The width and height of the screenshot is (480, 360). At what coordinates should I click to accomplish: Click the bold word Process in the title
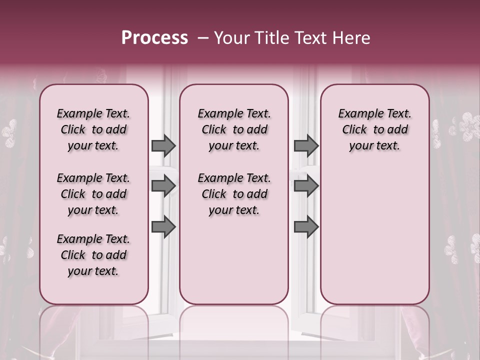(x=154, y=37)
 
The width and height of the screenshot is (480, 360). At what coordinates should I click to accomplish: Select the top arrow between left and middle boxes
(x=163, y=145)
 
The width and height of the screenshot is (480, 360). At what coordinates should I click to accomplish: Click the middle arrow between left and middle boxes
(x=163, y=186)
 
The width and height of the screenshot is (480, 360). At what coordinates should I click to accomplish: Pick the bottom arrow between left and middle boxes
(x=163, y=227)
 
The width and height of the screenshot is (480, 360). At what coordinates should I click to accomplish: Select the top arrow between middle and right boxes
(x=306, y=145)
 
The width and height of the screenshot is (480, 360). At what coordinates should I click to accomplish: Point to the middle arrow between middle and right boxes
(x=306, y=186)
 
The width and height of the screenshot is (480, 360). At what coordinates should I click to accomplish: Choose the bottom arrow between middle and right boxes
(x=306, y=227)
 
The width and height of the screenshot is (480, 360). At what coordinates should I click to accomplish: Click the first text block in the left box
(x=93, y=129)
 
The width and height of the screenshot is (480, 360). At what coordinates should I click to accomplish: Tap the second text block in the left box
(x=93, y=194)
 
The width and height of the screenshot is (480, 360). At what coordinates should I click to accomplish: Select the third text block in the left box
(x=93, y=255)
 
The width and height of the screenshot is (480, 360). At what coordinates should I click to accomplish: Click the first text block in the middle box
(x=234, y=129)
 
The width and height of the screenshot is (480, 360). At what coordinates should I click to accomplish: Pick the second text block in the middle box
(x=234, y=194)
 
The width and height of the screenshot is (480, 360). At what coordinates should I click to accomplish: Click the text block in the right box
(x=374, y=129)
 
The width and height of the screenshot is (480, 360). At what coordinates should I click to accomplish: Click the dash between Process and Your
(x=202, y=38)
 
